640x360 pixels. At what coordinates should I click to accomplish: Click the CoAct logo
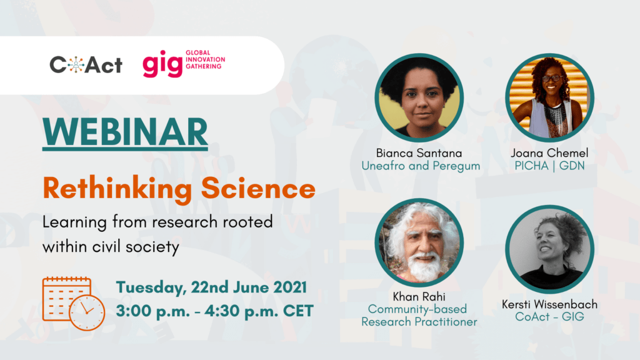coord(86,64)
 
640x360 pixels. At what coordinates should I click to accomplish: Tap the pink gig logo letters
coord(162,64)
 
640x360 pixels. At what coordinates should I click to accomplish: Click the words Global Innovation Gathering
coord(205,59)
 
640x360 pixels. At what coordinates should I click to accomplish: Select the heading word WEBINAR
coord(125,132)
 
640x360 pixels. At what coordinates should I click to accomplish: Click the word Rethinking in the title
coord(117,189)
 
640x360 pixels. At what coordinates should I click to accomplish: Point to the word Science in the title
coord(258,188)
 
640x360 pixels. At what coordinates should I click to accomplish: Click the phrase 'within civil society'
coord(111,247)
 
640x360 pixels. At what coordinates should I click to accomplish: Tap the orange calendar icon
coord(66,299)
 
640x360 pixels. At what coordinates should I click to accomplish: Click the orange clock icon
coord(87,312)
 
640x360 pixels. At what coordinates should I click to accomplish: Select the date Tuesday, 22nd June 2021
coord(211,287)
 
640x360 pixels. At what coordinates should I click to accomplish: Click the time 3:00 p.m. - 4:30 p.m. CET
coord(215,311)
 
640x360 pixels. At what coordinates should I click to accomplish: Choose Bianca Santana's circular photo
coord(419,98)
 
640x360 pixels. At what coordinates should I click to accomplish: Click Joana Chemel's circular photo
coord(549,98)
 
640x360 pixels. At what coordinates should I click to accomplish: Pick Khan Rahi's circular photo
coord(419,242)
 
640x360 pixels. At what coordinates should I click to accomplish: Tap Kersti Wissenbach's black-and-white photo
coord(549,249)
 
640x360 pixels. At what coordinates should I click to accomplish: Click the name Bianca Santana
coord(419,153)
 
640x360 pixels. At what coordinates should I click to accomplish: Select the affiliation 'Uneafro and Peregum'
coord(421,166)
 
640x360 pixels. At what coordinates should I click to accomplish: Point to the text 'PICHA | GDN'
coord(549,166)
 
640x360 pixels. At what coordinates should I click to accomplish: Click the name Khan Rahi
coord(419,297)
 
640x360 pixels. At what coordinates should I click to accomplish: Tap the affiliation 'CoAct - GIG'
coord(549,317)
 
